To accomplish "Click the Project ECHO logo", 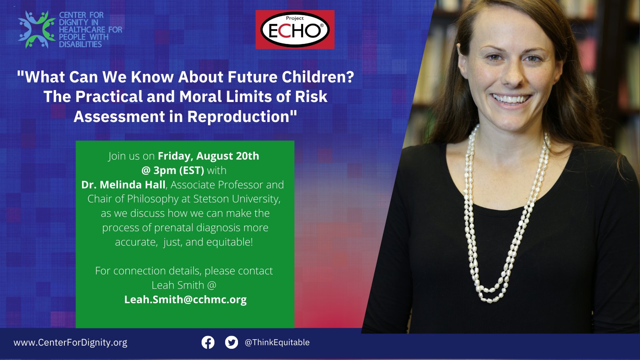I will pos(295,30).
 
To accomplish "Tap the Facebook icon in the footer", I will pos(208,342).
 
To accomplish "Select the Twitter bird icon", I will pos(231,342).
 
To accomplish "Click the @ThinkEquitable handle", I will pos(277,342).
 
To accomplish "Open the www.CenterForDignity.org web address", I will pos(70,342).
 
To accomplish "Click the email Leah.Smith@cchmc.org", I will pos(185,300).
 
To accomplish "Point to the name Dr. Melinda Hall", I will pos(123,185).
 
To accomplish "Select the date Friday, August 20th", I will pos(208,156).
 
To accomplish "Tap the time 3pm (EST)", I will pos(178,170).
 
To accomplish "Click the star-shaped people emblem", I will pos(36,30).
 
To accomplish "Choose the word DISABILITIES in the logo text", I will pos(80,44).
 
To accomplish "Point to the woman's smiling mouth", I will pos(511,98).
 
